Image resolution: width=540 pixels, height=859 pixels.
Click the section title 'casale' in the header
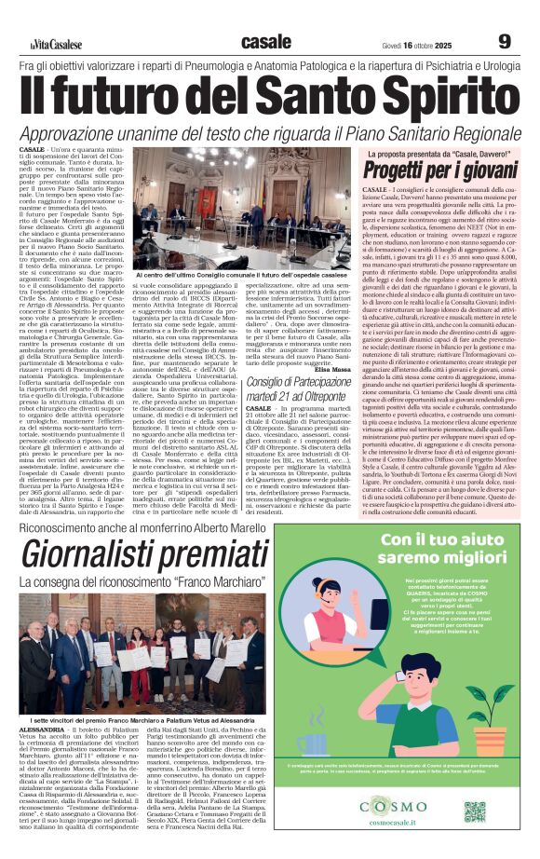(265, 41)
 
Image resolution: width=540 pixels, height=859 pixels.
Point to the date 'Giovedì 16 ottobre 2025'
(420, 44)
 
